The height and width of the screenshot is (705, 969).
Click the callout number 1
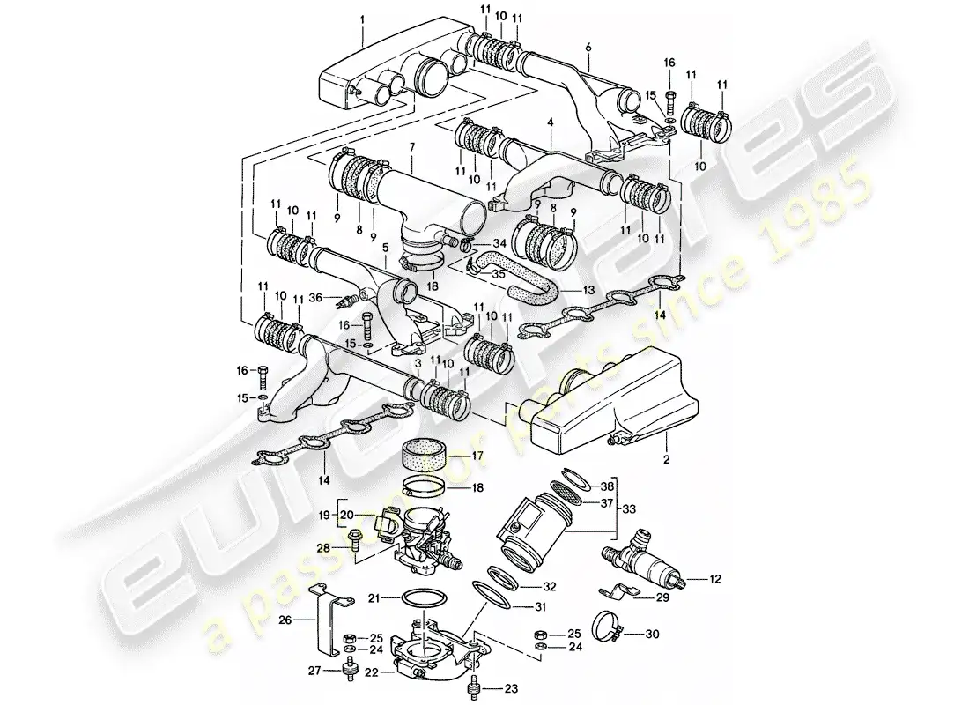[363, 17]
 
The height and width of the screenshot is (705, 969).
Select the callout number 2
[666, 459]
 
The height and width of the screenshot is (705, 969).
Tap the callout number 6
[588, 46]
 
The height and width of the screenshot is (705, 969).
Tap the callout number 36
[316, 297]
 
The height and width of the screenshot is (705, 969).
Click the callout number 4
[549, 138]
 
